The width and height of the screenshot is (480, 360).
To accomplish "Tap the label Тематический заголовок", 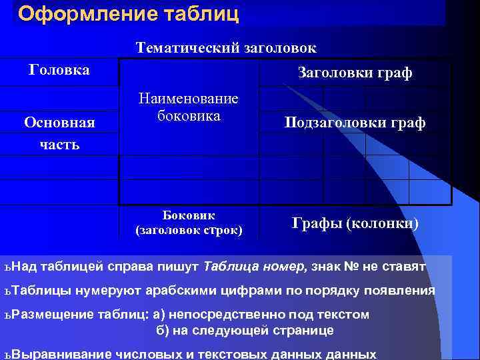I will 226,48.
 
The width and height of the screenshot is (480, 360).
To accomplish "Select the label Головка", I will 59,69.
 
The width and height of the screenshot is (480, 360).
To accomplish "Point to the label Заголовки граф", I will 355,73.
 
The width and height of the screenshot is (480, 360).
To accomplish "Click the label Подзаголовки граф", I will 355,123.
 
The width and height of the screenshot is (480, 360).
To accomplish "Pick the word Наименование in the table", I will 188,99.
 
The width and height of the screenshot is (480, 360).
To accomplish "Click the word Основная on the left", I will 59,123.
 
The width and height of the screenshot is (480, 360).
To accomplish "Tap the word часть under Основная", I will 59,143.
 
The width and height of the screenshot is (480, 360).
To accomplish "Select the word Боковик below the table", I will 189,215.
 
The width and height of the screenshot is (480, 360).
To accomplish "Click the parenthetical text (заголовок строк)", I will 189,231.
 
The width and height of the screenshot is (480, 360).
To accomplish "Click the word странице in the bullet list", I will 303,330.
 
